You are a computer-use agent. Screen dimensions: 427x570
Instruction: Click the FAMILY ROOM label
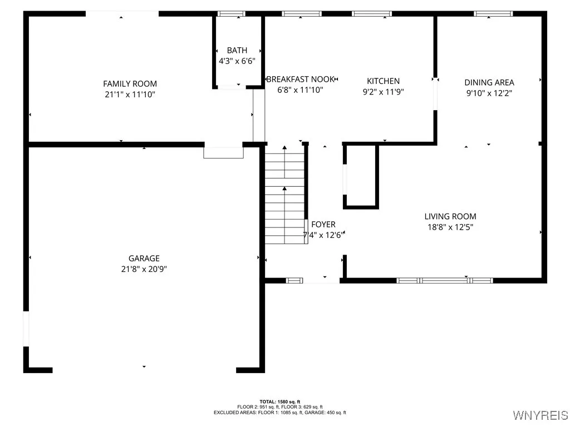click(130, 84)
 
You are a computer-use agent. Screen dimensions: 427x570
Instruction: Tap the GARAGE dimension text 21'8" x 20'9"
click(144, 269)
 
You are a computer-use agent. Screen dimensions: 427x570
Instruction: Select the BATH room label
click(237, 51)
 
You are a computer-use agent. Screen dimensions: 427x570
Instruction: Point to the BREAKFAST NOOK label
click(301, 80)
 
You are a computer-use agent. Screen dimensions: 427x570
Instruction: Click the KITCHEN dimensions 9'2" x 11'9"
click(383, 92)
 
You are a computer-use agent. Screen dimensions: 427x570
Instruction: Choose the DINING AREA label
click(489, 83)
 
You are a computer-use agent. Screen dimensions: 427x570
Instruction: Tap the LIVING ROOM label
click(450, 216)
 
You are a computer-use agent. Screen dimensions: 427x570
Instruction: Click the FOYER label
click(323, 225)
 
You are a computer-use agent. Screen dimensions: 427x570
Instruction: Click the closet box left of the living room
click(361, 176)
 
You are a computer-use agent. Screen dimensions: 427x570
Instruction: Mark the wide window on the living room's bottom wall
click(444, 280)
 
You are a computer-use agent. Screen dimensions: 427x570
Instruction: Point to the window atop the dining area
click(493, 13)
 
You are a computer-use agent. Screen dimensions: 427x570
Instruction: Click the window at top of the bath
click(231, 13)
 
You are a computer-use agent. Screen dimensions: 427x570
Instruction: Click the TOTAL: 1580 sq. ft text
click(279, 401)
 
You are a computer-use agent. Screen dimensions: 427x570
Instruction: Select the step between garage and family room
click(223, 152)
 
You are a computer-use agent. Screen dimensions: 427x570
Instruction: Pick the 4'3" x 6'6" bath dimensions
click(237, 61)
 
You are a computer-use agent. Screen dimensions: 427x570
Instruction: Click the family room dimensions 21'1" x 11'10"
click(130, 95)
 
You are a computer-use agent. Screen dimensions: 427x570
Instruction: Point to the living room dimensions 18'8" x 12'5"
click(450, 227)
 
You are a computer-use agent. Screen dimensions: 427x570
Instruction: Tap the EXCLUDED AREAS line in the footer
click(279, 413)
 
